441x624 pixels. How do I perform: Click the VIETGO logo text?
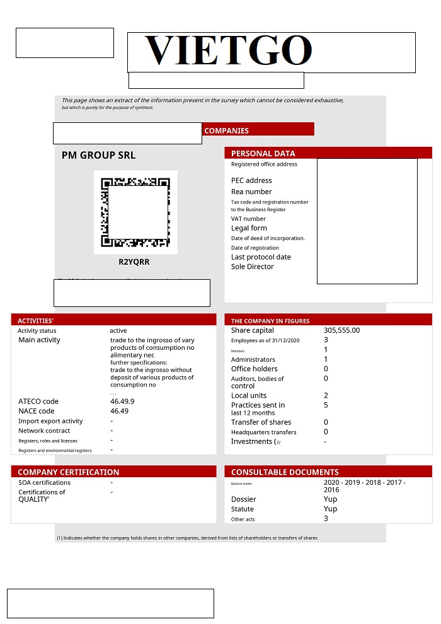pyautogui.click(x=228, y=50)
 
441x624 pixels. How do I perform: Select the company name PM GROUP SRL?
pyautogui.click(x=98, y=155)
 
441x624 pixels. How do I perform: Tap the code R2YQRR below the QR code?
pyautogui.click(x=134, y=262)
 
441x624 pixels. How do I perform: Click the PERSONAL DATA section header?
pyautogui.click(x=263, y=153)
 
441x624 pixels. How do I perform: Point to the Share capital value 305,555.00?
pyautogui.click(x=341, y=330)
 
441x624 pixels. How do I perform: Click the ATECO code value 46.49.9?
pyautogui.click(x=122, y=402)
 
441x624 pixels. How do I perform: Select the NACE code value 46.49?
pyautogui.click(x=119, y=411)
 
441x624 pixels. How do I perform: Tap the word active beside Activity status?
pyautogui.click(x=118, y=330)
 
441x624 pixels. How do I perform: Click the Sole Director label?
pyautogui.click(x=252, y=267)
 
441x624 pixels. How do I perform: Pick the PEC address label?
pyautogui.click(x=251, y=180)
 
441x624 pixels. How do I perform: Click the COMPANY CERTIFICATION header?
pyautogui.click(x=68, y=472)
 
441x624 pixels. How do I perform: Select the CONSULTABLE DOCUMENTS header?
pyautogui.click(x=285, y=472)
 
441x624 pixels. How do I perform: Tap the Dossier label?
pyautogui.click(x=243, y=499)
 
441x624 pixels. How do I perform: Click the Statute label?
pyautogui.click(x=242, y=509)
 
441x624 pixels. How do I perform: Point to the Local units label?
pyautogui.click(x=249, y=396)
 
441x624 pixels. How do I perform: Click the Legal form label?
pyautogui.click(x=249, y=228)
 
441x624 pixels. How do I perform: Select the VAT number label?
pyautogui.click(x=248, y=219)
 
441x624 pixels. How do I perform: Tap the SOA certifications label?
pyautogui.click(x=44, y=483)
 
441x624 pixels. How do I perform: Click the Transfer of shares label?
pyautogui.click(x=261, y=422)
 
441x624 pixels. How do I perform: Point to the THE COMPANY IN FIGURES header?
pyautogui.click(x=270, y=321)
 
